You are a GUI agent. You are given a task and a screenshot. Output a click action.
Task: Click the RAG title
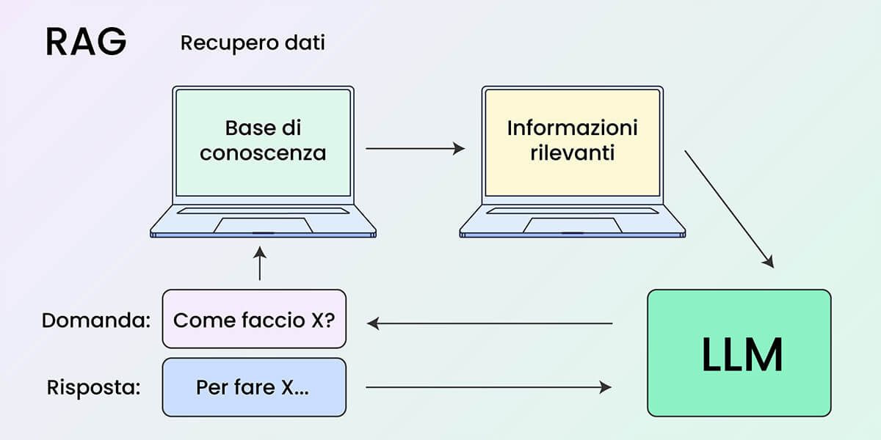(x=86, y=43)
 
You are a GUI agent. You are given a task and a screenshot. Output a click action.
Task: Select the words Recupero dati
(x=253, y=43)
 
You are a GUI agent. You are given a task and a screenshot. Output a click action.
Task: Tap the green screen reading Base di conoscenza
(x=263, y=176)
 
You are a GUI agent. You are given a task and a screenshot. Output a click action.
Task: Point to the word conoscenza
(x=263, y=153)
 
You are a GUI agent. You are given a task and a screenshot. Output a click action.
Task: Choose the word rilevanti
(x=572, y=153)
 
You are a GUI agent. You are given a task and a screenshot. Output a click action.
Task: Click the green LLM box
(x=739, y=353)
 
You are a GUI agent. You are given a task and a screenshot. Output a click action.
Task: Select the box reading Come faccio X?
(x=253, y=320)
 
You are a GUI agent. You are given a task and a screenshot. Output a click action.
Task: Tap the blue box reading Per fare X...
(x=253, y=387)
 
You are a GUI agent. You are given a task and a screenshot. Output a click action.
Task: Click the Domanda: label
(x=95, y=320)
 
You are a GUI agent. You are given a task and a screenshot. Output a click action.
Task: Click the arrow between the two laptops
(x=415, y=149)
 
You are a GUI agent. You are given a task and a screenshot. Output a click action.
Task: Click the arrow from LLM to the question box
(x=490, y=323)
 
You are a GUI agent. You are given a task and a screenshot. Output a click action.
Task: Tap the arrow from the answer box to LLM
(x=488, y=387)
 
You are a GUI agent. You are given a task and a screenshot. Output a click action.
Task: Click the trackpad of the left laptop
(x=263, y=225)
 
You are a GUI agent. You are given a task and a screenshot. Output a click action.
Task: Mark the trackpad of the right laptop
(x=572, y=225)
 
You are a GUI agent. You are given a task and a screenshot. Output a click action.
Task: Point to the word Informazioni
(x=572, y=128)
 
